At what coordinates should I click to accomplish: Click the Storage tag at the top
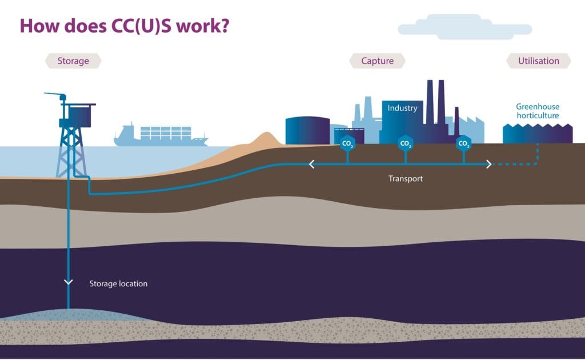pyautogui.click(x=73, y=61)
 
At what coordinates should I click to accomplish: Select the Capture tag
pyautogui.click(x=377, y=61)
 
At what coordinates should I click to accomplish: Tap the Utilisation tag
pyautogui.click(x=538, y=61)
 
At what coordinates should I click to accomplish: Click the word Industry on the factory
pyautogui.click(x=402, y=108)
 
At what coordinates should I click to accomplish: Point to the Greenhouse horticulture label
pyautogui.click(x=537, y=111)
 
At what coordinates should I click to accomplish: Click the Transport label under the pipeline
pyautogui.click(x=406, y=178)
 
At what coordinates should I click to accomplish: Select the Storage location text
pyautogui.click(x=118, y=283)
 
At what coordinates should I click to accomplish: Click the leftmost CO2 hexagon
pyautogui.click(x=347, y=144)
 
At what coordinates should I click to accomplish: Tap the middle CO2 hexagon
pyautogui.click(x=406, y=144)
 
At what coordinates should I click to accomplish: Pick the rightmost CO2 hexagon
pyautogui.click(x=464, y=144)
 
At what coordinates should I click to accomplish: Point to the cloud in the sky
pyautogui.click(x=464, y=27)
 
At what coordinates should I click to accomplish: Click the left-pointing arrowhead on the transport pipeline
pyautogui.click(x=312, y=165)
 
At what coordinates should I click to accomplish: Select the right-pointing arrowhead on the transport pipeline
pyautogui.click(x=488, y=165)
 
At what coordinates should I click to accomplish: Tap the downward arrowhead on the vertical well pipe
pyautogui.click(x=69, y=282)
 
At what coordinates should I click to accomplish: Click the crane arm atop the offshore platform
pyautogui.click(x=55, y=95)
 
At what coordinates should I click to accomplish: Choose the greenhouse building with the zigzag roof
pyautogui.click(x=537, y=134)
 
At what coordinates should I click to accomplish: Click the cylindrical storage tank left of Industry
pyautogui.click(x=307, y=131)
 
